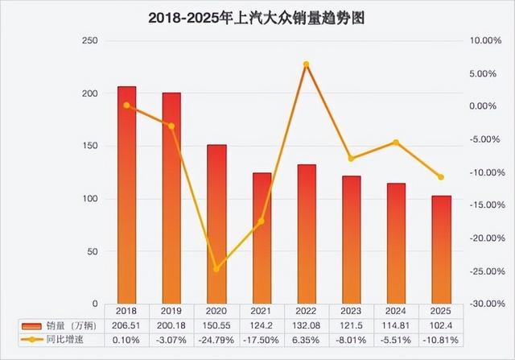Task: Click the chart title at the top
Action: point(257,18)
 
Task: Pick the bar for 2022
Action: point(307,234)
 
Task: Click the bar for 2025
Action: point(441,250)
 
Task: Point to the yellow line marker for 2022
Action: point(307,64)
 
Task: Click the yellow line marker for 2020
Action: point(216,269)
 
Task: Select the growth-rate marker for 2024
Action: point(396,143)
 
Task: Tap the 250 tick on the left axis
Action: point(90,41)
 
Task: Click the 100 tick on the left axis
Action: point(90,199)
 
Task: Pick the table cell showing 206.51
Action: point(127,325)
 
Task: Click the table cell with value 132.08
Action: point(307,325)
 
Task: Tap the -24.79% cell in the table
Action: point(216,340)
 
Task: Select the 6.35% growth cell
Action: point(307,340)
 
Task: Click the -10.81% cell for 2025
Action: point(441,340)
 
